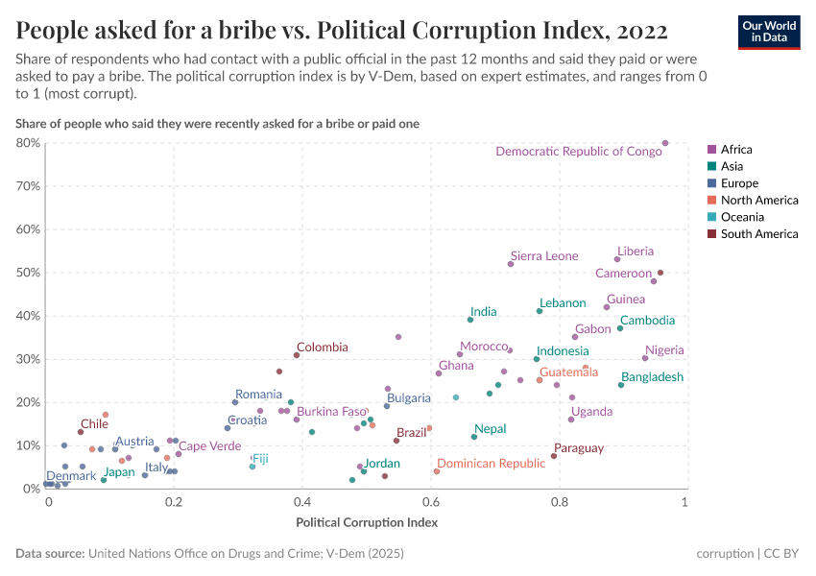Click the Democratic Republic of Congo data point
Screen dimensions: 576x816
[x=665, y=143]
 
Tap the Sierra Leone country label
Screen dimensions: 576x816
[x=544, y=256]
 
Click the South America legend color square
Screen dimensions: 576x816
[x=711, y=234]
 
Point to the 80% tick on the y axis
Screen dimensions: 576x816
[x=28, y=143]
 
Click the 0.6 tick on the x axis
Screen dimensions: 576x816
[x=429, y=503]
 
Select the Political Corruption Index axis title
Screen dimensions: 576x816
[x=366, y=523]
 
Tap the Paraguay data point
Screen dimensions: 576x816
[x=554, y=456]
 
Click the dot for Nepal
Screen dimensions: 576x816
[x=474, y=437]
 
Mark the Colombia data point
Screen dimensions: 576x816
[x=297, y=355]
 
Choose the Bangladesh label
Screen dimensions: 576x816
[x=652, y=377]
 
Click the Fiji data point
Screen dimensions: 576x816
[x=252, y=467]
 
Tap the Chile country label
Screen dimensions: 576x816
[x=94, y=423]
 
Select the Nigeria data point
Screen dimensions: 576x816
[x=645, y=358]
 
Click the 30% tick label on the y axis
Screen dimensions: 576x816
[x=28, y=359]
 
